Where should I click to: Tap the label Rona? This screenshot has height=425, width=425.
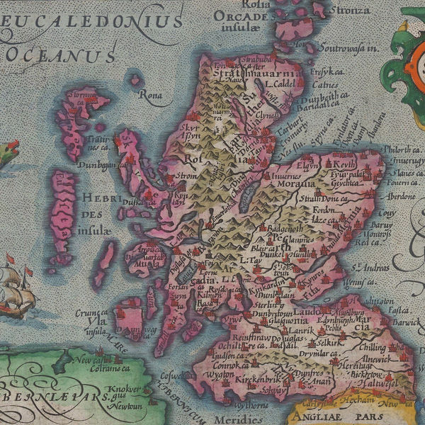151,93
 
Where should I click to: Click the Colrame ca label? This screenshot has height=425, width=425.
108,368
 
